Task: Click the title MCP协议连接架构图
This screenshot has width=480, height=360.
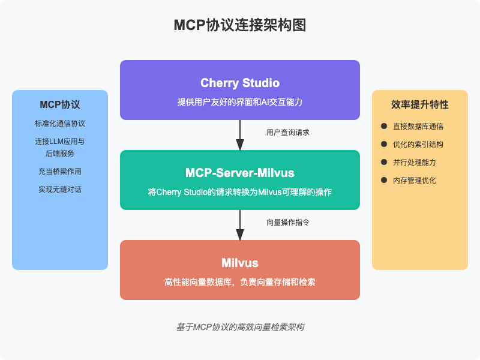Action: tap(240, 25)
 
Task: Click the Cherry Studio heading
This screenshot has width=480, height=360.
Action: tap(240, 83)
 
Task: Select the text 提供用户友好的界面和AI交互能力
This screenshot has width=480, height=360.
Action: tap(240, 102)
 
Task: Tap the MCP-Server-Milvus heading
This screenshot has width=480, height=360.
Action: tap(240, 173)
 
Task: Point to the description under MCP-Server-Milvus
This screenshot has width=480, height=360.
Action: tap(240, 192)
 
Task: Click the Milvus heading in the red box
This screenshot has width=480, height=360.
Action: tap(240, 263)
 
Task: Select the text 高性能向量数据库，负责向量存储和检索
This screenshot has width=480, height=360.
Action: tap(240, 282)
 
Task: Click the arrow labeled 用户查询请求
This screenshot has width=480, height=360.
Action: tap(240, 135)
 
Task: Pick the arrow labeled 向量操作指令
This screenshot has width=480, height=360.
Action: tap(240, 225)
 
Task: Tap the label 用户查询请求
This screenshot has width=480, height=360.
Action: tap(288, 132)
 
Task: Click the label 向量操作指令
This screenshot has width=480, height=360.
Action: tap(288, 222)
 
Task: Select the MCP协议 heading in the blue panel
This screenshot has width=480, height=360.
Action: tap(60, 104)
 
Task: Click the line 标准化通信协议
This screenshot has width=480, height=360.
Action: tap(60, 124)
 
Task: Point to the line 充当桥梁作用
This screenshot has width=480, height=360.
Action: tap(60, 172)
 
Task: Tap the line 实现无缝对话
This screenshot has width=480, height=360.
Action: tap(60, 190)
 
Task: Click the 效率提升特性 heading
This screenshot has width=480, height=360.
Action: tap(420, 104)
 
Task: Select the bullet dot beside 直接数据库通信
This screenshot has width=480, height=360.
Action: tap(384, 126)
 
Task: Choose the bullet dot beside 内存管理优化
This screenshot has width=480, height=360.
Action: tap(384, 180)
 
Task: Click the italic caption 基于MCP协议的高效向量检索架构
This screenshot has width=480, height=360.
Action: tap(240, 327)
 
